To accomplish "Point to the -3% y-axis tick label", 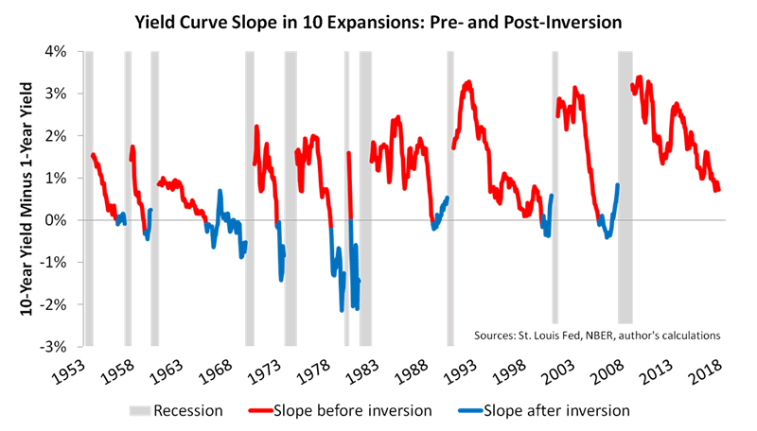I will click(x=66, y=346).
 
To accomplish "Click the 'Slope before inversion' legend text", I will click(x=353, y=411).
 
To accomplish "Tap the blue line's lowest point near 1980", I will click(x=342, y=310).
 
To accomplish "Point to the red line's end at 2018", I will click(x=719, y=190).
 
